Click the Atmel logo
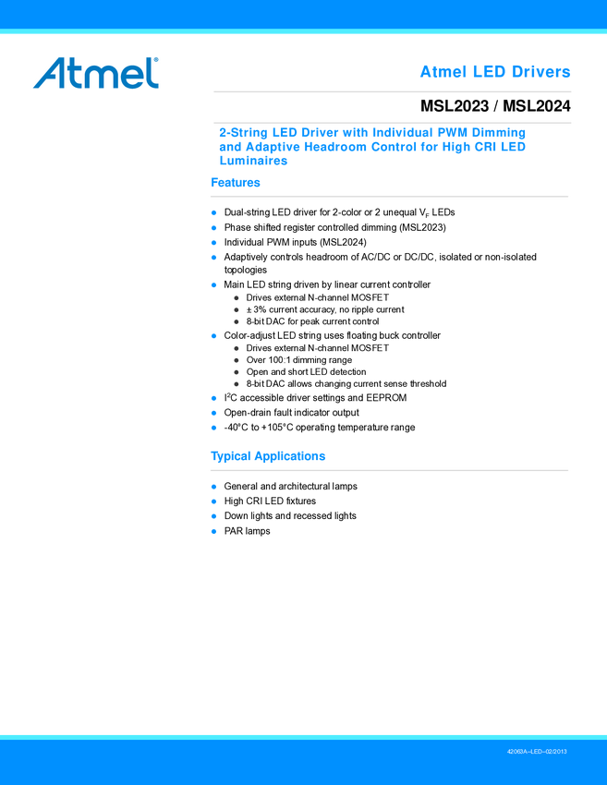point(96,73)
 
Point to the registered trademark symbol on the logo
point(156,58)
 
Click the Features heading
point(236,183)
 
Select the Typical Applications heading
point(268,456)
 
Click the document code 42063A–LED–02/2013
point(537,753)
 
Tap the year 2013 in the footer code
point(558,753)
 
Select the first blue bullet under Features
point(213,213)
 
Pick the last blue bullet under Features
point(213,428)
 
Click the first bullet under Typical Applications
point(213,487)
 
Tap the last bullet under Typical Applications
point(213,532)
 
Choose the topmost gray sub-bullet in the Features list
point(237,298)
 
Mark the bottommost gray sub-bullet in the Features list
point(237,383)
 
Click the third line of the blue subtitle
point(253,161)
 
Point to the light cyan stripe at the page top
point(303,32)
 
